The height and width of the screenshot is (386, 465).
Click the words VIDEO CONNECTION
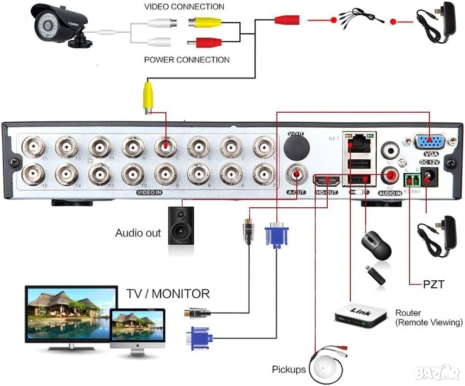click(184, 6)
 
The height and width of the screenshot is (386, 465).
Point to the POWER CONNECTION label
click(187, 60)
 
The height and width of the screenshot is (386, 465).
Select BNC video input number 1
click(263, 147)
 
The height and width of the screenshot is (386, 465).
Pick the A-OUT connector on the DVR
click(296, 175)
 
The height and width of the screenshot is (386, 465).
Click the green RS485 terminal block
click(412, 180)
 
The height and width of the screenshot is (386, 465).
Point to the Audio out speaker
click(181, 227)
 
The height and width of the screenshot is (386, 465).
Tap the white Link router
click(360, 315)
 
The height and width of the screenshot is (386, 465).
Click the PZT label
click(434, 284)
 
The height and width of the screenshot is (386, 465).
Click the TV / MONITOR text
click(168, 294)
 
